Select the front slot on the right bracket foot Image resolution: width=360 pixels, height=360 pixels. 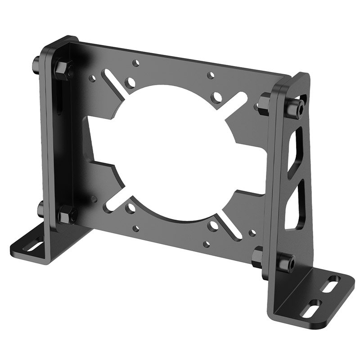tap(311, 310)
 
